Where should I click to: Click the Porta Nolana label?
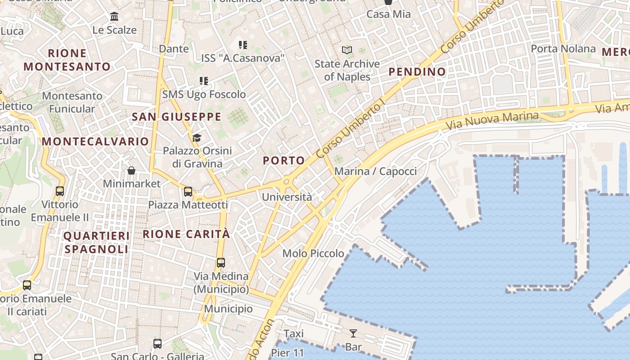pos(563,49)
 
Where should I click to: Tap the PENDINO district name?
pos(417,72)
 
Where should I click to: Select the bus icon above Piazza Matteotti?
pos(188,191)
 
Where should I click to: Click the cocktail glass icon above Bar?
pos(353,333)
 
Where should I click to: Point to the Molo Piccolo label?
pos(313,253)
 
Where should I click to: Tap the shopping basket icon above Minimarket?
pos(131,171)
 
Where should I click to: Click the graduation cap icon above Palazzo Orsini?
pos(197,137)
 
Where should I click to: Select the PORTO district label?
pos(283,161)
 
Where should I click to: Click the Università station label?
pos(287,197)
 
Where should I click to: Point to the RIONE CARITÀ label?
pos(186,234)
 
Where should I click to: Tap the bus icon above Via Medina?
pos(220,262)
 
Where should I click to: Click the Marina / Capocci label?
pos(375,171)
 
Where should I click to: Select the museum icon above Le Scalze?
pos(114,17)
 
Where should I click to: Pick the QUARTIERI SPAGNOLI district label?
pos(96,242)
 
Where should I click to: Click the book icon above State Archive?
pos(347,50)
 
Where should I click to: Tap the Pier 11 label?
pos(288,352)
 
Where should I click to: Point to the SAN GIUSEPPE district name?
pos(176,117)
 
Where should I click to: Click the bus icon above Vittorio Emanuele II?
pos(60,191)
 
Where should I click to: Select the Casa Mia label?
pos(388,14)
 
